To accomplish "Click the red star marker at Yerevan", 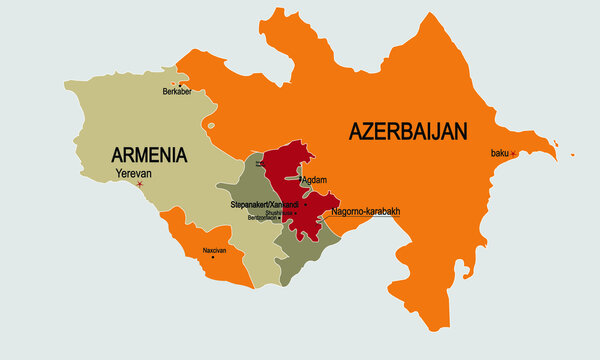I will click(140, 184).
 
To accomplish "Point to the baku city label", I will click(499, 153).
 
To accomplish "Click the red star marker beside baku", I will click(514, 153).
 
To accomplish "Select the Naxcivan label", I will click(214, 250).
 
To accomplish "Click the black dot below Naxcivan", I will click(212, 258).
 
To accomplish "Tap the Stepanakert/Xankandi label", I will click(264, 204).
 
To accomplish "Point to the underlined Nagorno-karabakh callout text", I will click(365, 212).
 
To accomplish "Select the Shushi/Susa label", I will click(279, 212).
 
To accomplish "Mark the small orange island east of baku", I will click(571, 155).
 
